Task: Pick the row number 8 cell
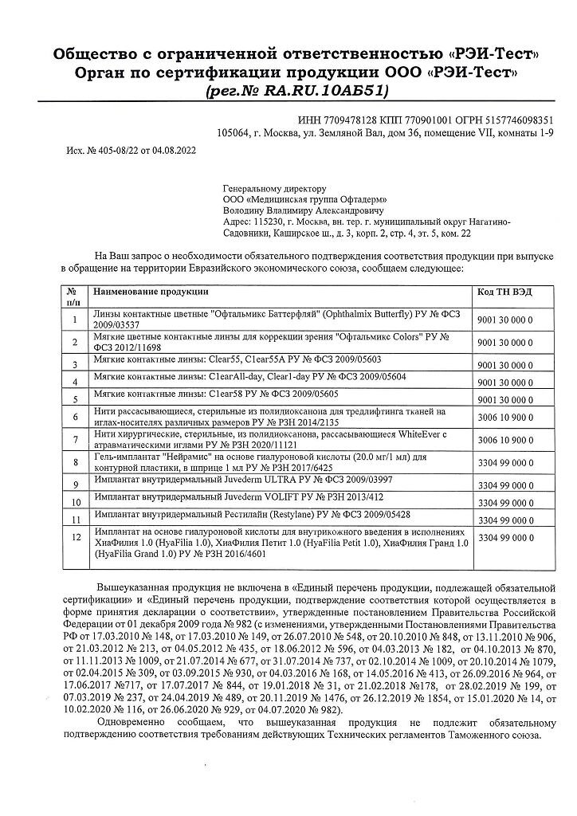pyautogui.click(x=74, y=462)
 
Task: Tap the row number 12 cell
pyautogui.click(x=75, y=538)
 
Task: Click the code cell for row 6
pyautogui.click(x=504, y=418)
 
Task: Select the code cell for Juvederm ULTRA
pyautogui.click(x=504, y=485)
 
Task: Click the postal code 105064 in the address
pyautogui.click(x=232, y=133)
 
